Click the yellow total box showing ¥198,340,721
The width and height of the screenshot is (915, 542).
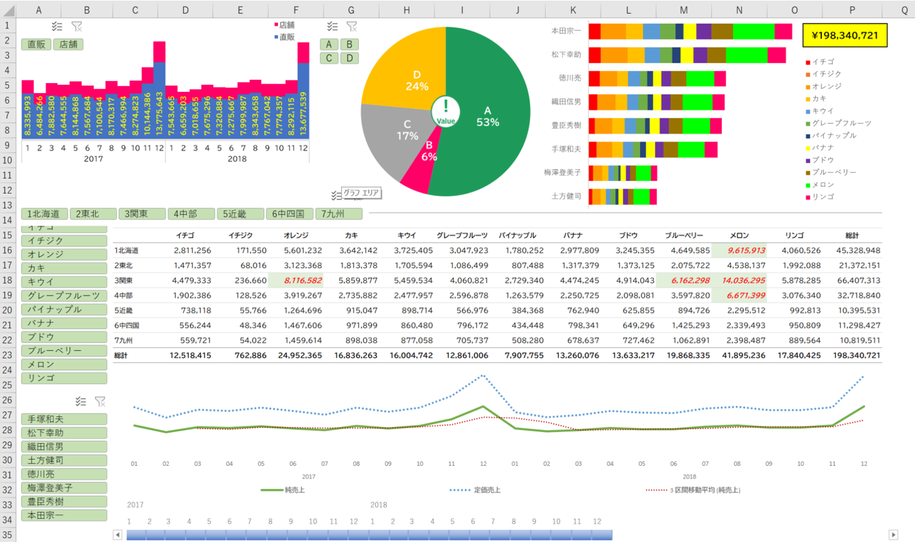point(845,35)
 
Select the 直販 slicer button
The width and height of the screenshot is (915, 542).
point(36,45)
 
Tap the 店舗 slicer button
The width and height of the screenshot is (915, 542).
point(68,45)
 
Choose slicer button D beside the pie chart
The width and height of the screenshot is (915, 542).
point(350,58)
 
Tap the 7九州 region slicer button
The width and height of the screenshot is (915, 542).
point(338,214)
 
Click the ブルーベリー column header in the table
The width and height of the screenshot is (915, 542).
point(683,235)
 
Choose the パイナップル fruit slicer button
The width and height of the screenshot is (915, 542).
point(64,309)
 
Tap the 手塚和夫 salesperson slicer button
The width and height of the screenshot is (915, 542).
point(64,419)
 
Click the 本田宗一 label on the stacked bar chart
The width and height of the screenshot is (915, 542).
point(566,31)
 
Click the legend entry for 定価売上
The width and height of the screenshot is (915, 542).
point(486,490)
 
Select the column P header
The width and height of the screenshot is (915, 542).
point(851,10)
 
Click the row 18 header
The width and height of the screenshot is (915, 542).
point(7,280)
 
